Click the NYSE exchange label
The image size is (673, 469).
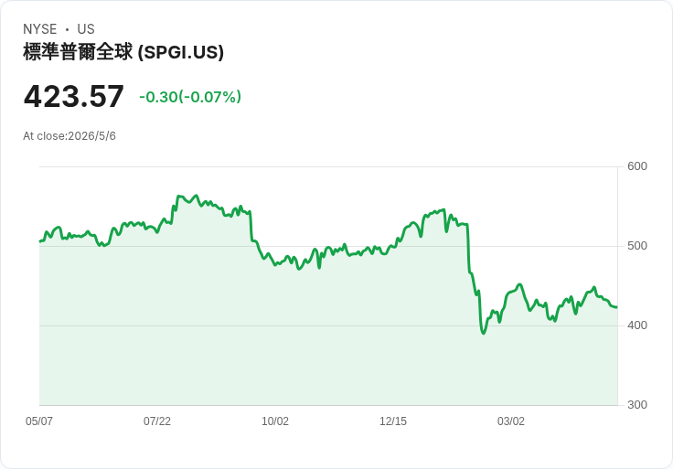pyautogui.click(x=40, y=29)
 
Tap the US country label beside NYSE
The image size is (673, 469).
pyautogui.click(x=86, y=29)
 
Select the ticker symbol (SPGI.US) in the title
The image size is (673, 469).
pyautogui.click(x=181, y=52)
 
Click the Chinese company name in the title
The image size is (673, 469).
pyautogui.click(x=78, y=52)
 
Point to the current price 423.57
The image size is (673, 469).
pyautogui.click(x=74, y=97)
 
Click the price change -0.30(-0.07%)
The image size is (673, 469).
pyautogui.click(x=190, y=97)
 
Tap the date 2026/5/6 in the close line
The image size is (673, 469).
pyautogui.click(x=91, y=136)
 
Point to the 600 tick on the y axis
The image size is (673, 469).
pyautogui.click(x=637, y=166)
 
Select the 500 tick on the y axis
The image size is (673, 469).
pyautogui.click(x=637, y=246)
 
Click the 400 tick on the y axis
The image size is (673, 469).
pyautogui.click(x=637, y=325)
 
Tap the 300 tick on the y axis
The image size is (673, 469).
pyautogui.click(x=637, y=405)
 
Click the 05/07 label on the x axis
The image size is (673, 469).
pyautogui.click(x=39, y=421)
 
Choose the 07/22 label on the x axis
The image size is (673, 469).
pyautogui.click(x=157, y=421)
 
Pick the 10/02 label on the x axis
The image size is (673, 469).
pyautogui.click(x=275, y=421)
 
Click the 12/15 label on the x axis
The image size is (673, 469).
pyautogui.click(x=393, y=421)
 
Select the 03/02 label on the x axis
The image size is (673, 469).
pyautogui.click(x=511, y=421)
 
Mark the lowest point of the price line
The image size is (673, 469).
pyautogui.click(x=484, y=333)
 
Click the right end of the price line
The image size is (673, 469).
pyautogui.click(x=617, y=307)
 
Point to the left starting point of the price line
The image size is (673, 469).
pyautogui.click(x=40, y=241)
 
